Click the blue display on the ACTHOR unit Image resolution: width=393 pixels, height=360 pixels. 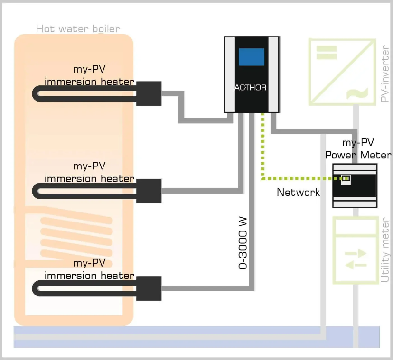pos(252,57)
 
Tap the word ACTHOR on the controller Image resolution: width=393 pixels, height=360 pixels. pos(251,88)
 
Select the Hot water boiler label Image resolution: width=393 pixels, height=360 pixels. pos(78,29)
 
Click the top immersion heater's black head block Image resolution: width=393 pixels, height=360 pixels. pos(149,93)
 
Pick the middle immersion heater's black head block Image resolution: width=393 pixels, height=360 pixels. pos(149,191)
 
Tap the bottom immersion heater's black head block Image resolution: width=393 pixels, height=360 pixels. pos(149,288)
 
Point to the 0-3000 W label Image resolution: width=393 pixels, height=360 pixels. pos(243,244)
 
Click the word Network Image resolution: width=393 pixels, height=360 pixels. pos(298,192)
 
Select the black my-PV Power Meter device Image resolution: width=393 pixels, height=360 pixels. pos(355,185)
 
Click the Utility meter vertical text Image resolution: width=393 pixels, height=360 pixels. pos(385,249)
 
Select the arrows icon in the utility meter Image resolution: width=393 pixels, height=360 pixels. pos(356,258)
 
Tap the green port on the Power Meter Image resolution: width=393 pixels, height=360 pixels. pos(346,178)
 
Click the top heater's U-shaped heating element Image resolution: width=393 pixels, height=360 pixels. pos(85,93)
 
